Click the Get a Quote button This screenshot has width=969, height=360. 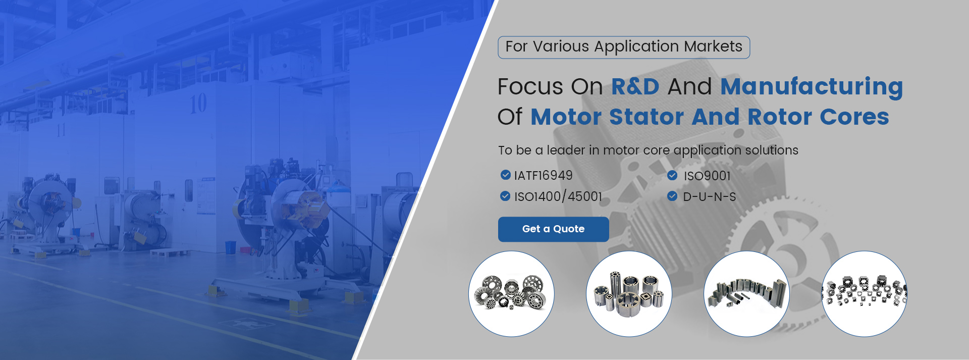point(553,229)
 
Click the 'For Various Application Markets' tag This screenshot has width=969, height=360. point(624,47)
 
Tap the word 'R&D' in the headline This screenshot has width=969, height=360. point(635,86)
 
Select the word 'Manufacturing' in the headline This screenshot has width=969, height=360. point(812,87)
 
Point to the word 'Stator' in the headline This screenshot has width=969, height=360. point(647,117)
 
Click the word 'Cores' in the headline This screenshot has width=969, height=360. point(854,117)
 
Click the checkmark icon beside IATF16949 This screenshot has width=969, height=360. point(505,175)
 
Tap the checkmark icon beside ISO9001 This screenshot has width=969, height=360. point(672,175)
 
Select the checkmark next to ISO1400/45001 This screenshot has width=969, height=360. point(505,196)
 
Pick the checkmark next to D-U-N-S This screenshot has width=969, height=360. point(672,196)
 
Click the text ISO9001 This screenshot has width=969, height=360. point(707,176)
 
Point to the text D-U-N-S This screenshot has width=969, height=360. point(710,197)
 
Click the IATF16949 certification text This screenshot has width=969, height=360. point(543,176)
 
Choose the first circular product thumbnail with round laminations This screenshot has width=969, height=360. point(511,294)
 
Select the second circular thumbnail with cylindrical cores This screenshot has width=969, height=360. point(629,294)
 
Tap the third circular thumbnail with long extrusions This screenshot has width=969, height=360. point(746,294)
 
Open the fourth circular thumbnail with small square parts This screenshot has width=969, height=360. point(864,294)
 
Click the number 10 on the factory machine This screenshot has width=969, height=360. point(198,104)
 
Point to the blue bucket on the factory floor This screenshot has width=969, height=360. point(230,247)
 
